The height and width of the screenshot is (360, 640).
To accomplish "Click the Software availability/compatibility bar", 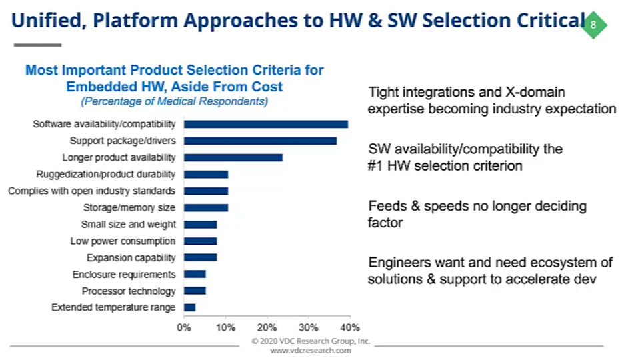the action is point(266,124).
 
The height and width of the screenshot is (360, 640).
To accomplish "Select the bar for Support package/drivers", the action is point(261,141).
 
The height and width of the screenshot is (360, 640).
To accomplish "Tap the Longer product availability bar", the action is point(233,157).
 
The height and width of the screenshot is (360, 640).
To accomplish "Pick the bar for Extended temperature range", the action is point(190,307).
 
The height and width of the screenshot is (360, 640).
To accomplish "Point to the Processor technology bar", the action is point(195,291).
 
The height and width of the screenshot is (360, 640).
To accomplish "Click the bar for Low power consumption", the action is point(201,241).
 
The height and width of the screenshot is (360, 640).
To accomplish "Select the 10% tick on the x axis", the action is point(226,327).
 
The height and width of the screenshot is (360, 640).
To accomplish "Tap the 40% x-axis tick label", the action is point(350,327).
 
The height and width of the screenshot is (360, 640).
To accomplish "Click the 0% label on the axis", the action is point(184,327).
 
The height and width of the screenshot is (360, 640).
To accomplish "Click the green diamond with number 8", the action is point(593,25).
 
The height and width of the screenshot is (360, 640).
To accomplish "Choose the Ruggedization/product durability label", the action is point(106,174).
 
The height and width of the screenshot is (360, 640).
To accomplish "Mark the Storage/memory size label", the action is point(129,207).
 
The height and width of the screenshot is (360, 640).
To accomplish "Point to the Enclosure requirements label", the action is point(124,274).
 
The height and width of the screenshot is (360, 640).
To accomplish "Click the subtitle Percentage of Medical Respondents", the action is point(174,101).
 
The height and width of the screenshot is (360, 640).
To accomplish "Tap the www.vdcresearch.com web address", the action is point(311,351).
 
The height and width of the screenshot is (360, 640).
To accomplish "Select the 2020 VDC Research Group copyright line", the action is point(311,341).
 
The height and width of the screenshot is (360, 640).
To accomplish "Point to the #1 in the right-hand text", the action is point(375,166).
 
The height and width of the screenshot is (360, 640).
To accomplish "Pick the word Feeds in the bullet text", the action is point(387,206).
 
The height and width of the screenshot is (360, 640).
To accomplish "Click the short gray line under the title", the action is point(37,45).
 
